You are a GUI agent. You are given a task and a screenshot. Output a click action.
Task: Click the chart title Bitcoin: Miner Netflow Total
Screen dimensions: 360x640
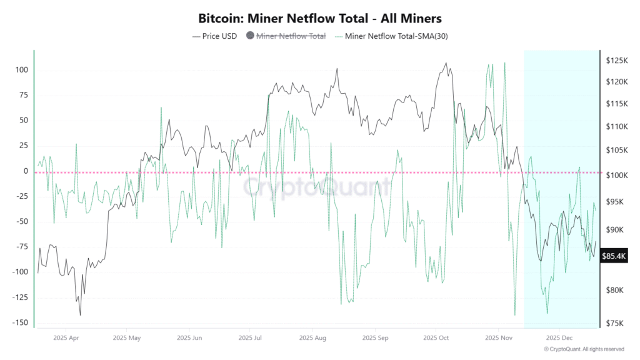(319, 18)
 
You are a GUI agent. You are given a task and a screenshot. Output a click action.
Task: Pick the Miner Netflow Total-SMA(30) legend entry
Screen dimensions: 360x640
(396, 36)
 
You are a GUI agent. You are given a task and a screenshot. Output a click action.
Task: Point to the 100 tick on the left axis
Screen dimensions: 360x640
(22, 69)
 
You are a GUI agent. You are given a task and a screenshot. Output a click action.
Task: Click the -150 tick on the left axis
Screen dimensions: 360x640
(20, 322)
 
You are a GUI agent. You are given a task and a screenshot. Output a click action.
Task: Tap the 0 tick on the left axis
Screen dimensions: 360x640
(26, 171)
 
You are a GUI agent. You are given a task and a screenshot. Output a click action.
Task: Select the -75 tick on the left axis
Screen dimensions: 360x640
(22, 246)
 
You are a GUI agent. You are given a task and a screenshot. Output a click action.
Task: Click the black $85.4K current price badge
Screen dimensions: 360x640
(612, 256)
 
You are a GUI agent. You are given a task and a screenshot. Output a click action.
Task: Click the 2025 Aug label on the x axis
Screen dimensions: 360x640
(312, 337)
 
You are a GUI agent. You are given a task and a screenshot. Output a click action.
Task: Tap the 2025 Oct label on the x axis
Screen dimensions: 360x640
(436, 337)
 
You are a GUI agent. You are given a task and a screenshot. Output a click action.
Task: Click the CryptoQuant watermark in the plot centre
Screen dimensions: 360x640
(317, 187)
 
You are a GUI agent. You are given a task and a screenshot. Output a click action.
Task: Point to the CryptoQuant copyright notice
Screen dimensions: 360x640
(584, 349)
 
